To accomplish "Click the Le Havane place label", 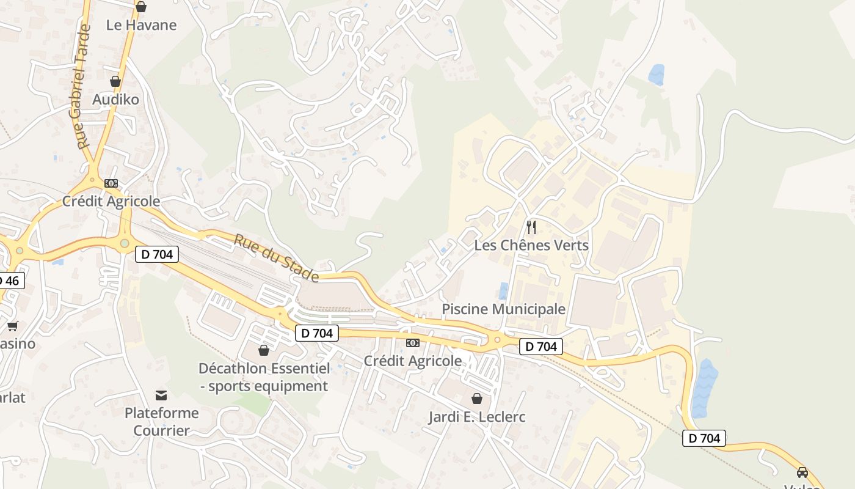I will point(141,25).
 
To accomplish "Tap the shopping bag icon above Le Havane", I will point(141,7).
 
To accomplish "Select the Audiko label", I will point(115,99).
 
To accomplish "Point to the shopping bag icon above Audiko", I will point(115,81).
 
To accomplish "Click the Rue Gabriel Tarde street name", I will point(81,86).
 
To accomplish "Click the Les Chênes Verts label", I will point(531,245).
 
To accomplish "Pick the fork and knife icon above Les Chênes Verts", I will point(531,227).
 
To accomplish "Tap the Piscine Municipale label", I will point(504,309).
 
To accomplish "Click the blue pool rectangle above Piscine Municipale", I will point(503,290).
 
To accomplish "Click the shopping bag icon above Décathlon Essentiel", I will point(264,350).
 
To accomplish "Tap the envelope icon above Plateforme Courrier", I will point(161,395).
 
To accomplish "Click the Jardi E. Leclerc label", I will point(477,417).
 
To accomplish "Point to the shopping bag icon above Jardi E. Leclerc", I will point(477,399).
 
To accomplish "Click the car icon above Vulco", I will point(802,472).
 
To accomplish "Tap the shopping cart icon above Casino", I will point(13,326).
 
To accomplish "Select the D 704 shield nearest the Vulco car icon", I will point(704,438).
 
